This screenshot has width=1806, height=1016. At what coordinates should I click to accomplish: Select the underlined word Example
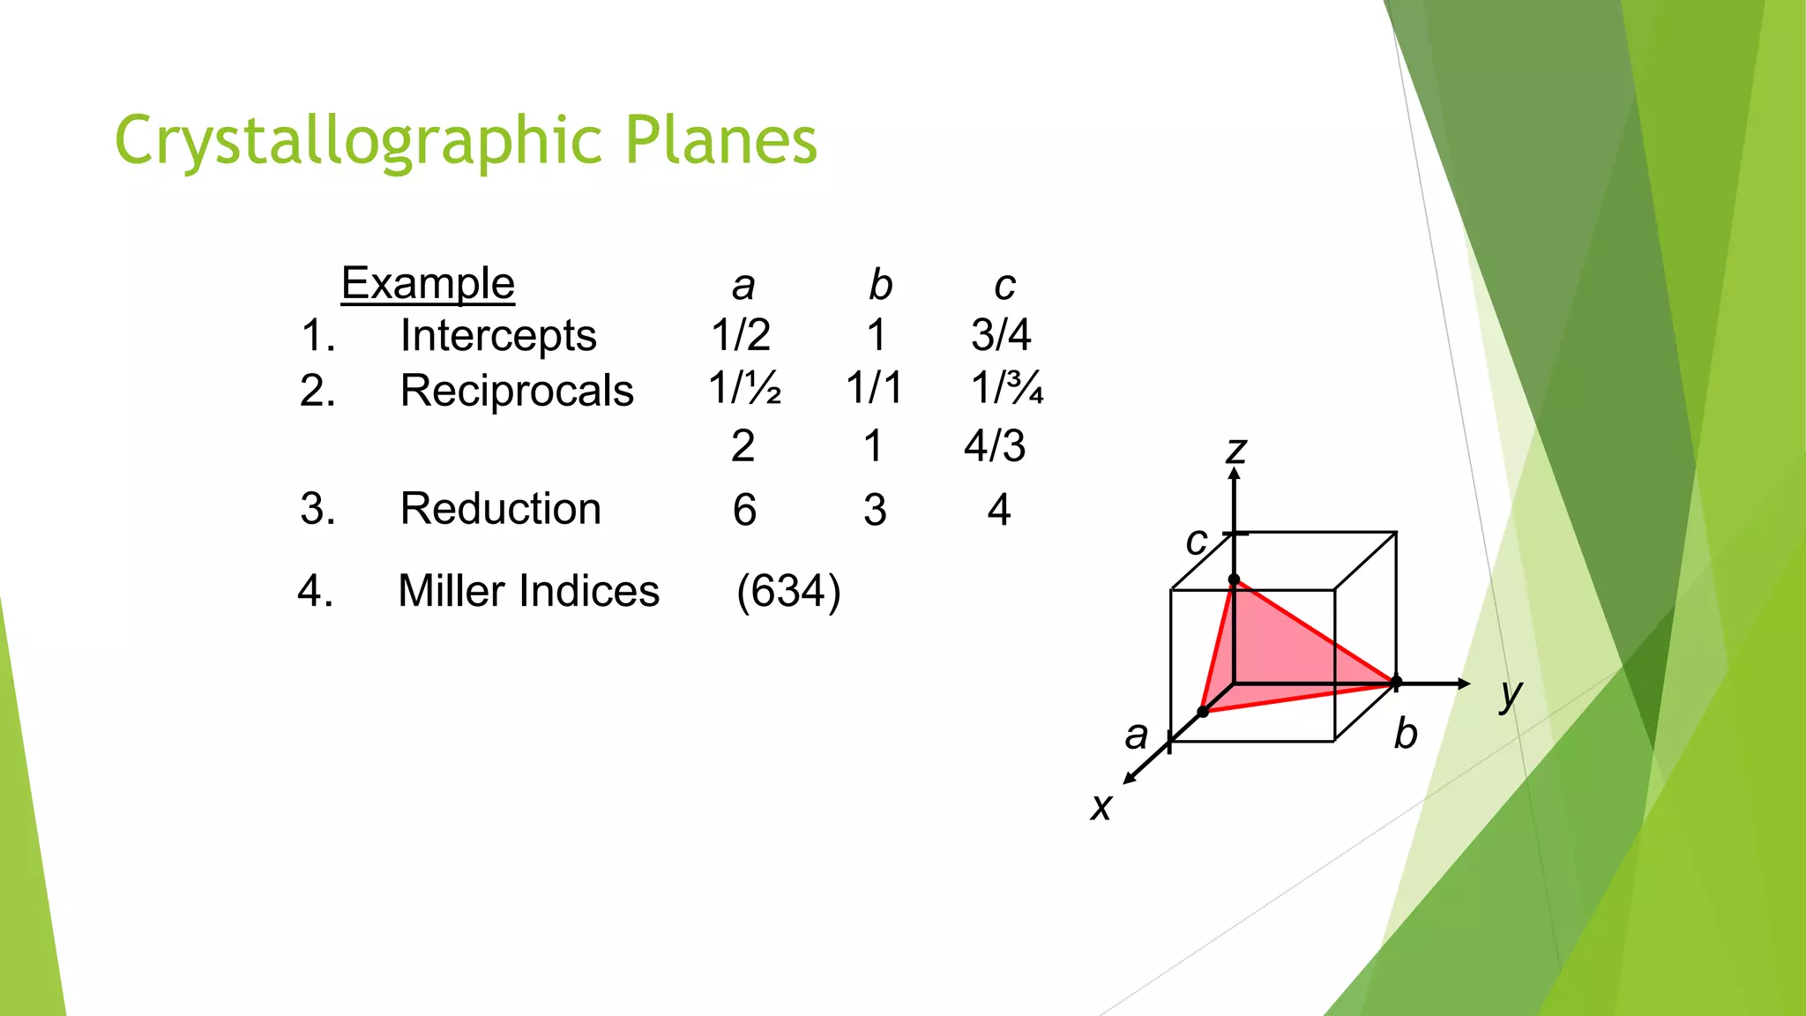(x=428, y=283)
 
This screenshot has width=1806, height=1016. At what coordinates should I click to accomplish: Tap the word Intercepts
(x=498, y=335)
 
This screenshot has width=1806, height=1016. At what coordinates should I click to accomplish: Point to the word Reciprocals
(x=517, y=390)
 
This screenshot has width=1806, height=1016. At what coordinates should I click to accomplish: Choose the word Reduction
(x=500, y=508)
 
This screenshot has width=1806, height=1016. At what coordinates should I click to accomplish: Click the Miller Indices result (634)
(x=788, y=590)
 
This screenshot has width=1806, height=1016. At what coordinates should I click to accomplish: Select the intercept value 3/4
(x=1001, y=334)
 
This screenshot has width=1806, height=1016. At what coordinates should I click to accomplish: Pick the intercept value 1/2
(x=741, y=334)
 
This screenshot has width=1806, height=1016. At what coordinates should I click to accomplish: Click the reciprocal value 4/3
(x=995, y=445)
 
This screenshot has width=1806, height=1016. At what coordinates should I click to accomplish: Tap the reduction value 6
(x=744, y=510)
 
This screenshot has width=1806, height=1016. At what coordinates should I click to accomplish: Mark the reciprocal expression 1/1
(x=874, y=388)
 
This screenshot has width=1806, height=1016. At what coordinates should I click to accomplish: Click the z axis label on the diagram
(x=1235, y=450)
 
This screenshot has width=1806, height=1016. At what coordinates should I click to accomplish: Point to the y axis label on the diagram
(x=1511, y=695)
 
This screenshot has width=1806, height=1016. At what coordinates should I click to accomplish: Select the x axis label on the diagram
(x=1101, y=806)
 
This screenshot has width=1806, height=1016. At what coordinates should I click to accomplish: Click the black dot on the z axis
(x=1235, y=579)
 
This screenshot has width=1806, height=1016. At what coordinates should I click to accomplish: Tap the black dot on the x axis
(x=1203, y=711)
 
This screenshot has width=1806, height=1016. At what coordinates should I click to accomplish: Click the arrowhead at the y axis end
(x=1464, y=684)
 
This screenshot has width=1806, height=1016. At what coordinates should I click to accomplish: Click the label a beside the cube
(x=1137, y=735)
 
